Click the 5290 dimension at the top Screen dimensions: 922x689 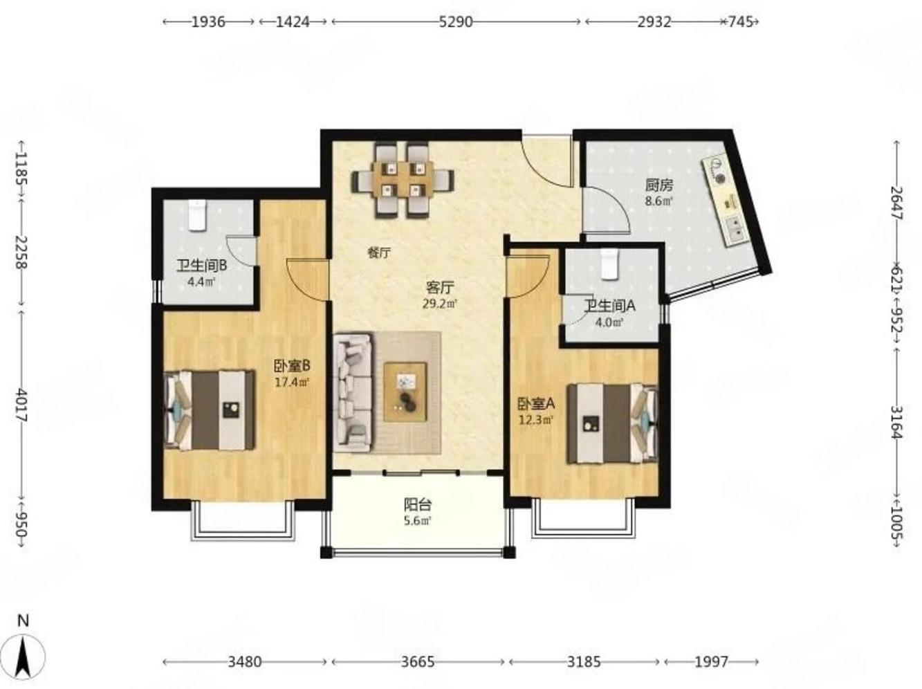tap(456, 21)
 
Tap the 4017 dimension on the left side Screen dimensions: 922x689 tap(21, 406)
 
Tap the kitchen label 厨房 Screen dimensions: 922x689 tap(659, 185)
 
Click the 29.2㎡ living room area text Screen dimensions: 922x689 tap(440, 303)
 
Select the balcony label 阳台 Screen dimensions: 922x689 tap(418, 504)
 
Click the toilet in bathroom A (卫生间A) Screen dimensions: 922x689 tap(609, 264)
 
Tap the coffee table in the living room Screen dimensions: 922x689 tap(405, 392)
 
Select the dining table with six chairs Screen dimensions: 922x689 tap(403, 181)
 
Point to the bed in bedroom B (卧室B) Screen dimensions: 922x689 tap(209, 410)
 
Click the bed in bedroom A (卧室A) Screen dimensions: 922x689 tap(612, 423)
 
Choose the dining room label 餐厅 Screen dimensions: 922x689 tap(379, 253)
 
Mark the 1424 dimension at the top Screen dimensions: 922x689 tap(293, 21)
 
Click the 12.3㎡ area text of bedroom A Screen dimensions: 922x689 tap(535, 419)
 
